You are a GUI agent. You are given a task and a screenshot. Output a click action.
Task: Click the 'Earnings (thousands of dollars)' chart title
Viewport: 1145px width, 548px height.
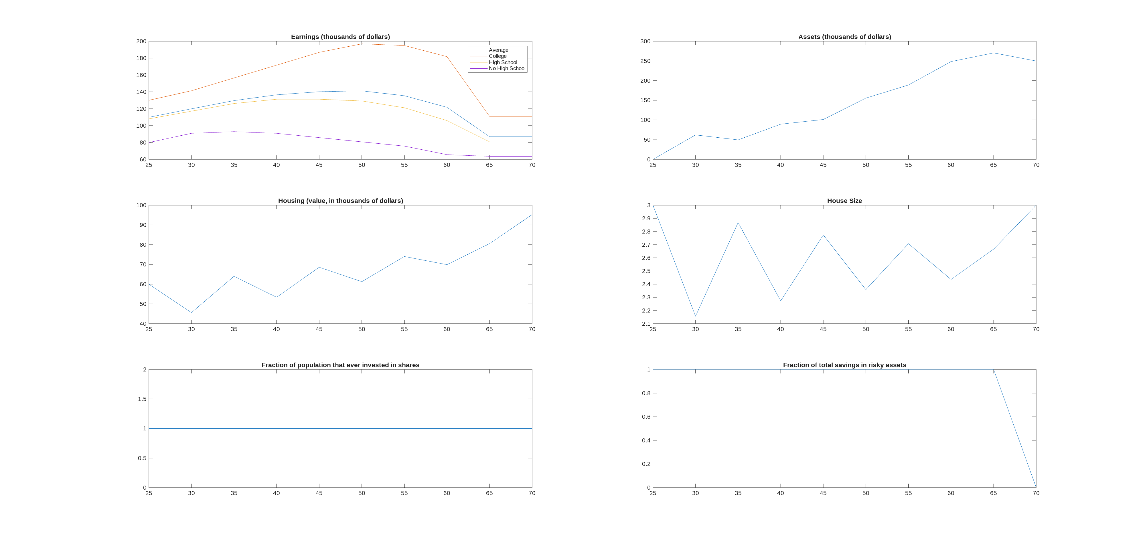coord(340,37)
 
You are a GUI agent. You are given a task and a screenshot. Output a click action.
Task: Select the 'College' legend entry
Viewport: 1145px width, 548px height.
coord(498,56)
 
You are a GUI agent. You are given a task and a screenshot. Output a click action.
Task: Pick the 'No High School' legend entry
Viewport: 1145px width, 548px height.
coord(507,68)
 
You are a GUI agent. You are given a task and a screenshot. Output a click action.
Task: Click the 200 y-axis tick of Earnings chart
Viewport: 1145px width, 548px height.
coord(141,41)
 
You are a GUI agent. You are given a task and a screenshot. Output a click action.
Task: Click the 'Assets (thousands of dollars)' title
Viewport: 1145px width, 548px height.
coord(844,37)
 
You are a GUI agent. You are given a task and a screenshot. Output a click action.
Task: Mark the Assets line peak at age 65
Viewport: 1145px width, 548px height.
coord(993,53)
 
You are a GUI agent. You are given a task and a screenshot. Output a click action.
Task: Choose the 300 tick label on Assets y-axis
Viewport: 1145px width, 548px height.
coord(645,41)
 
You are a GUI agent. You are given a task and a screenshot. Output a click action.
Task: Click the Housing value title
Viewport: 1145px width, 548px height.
coord(340,201)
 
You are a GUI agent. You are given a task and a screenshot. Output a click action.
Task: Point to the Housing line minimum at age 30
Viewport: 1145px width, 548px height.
coord(192,312)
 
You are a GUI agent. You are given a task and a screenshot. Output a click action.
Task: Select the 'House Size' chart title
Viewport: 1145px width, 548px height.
coord(844,201)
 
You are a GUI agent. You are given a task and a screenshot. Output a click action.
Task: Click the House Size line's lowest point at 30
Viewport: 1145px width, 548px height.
coord(696,316)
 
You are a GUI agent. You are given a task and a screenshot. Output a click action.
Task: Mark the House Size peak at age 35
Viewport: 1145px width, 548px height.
coord(738,223)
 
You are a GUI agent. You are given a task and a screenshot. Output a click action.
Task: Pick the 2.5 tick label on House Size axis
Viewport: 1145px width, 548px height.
coord(646,271)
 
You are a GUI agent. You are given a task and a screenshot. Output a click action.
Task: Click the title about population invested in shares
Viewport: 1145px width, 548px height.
coord(340,365)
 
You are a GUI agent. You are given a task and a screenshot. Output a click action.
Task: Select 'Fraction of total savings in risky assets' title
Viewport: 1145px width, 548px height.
coord(844,365)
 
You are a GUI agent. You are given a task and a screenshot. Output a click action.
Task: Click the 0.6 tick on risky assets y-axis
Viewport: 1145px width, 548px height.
coord(646,417)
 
